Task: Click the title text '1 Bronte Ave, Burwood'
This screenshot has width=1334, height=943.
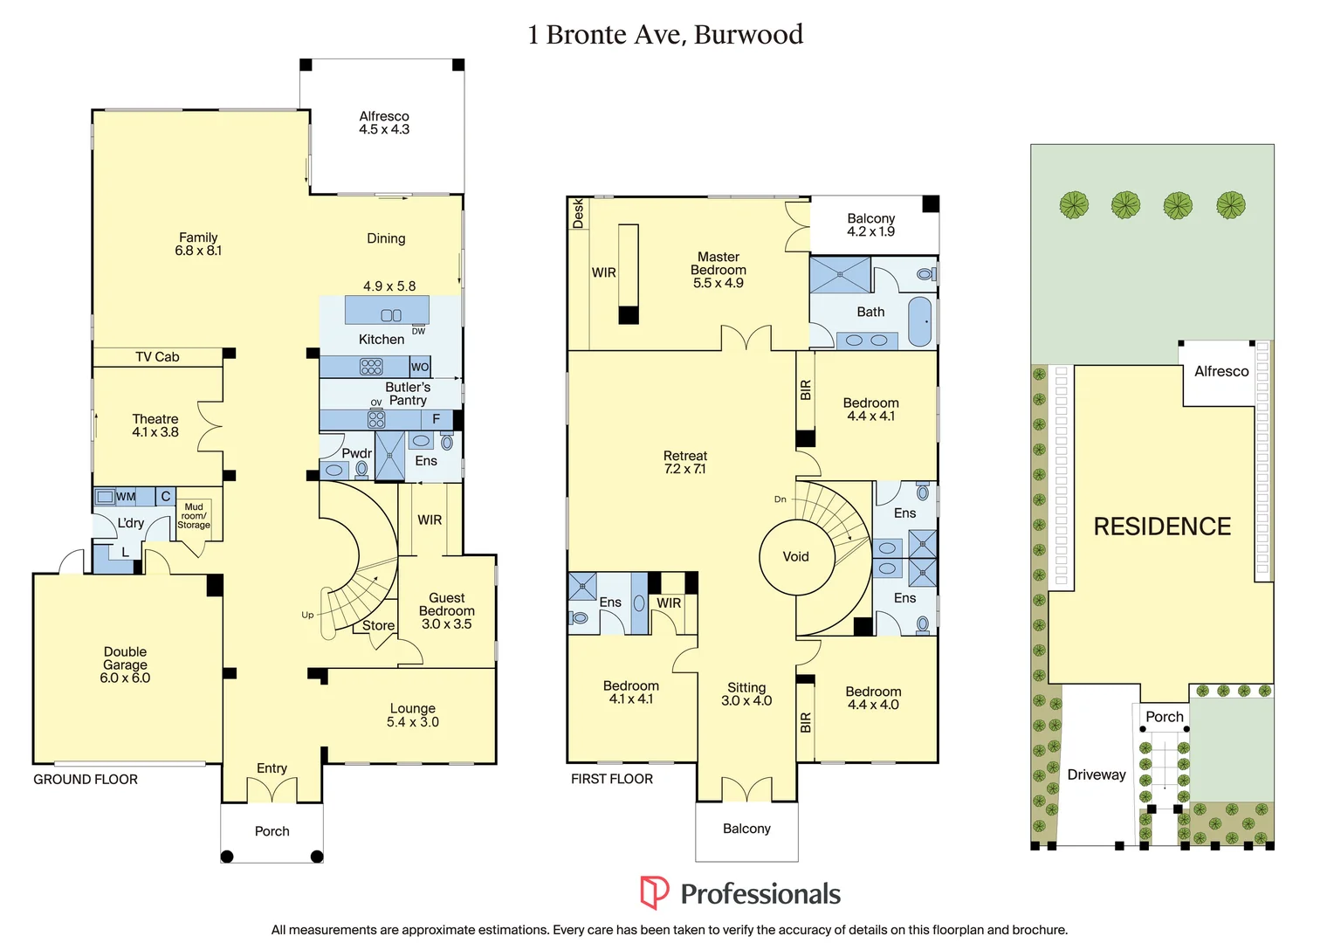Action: (665, 35)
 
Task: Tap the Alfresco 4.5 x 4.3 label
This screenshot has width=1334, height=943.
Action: (384, 123)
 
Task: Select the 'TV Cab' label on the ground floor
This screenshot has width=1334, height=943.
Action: (157, 357)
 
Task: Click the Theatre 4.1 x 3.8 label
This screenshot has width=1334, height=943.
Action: (155, 425)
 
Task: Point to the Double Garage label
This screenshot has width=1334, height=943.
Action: (125, 664)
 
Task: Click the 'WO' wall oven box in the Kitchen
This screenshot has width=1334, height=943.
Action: (420, 367)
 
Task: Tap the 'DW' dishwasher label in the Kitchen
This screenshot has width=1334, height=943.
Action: (418, 331)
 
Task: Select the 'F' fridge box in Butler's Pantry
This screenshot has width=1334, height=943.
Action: (437, 419)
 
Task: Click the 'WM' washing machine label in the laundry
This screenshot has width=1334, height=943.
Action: (127, 497)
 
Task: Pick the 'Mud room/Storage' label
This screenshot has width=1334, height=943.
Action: (194, 516)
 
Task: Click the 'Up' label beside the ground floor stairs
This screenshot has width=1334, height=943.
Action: (307, 615)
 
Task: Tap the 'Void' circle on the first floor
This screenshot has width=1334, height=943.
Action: (795, 557)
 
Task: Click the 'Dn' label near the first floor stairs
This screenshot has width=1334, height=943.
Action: (780, 499)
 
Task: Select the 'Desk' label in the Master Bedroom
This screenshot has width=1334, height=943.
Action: (578, 214)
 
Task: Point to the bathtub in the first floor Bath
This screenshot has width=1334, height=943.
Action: (920, 322)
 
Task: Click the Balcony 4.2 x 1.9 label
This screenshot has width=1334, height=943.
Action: (870, 225)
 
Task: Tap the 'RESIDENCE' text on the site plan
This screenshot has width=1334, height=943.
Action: (1162, 527)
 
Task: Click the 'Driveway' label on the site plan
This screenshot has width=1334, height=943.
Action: (1097, 775)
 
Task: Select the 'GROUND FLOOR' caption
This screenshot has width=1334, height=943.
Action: (86, 780)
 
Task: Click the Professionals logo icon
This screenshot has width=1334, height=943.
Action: (654, 893)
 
